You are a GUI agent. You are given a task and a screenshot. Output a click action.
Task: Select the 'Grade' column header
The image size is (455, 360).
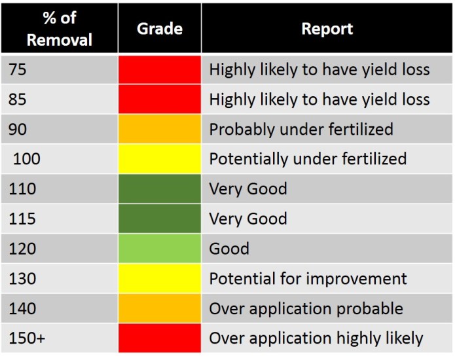point(160,29)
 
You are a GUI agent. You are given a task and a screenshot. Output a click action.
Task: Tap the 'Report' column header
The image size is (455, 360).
point(327,29)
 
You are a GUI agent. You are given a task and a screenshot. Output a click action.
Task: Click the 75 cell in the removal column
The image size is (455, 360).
point(18,69)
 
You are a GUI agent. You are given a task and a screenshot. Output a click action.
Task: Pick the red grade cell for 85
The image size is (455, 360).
point(160,99)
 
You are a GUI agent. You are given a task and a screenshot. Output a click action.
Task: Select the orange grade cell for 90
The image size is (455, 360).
point(160,129)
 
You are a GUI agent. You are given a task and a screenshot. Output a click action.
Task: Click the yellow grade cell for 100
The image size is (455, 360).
point(160,159)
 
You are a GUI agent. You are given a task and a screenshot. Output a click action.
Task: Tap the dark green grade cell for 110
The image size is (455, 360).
point(160,189)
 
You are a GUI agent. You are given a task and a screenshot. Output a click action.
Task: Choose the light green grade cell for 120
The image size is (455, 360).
point(160,249)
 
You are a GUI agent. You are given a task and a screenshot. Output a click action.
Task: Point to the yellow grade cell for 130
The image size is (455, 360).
point(160,279)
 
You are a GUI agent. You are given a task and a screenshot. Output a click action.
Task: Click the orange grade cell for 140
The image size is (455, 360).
point(160,309)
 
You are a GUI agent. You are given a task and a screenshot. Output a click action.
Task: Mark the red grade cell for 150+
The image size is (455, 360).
point(160,338)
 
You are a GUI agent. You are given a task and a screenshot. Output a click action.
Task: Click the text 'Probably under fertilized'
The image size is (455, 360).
point(301,129)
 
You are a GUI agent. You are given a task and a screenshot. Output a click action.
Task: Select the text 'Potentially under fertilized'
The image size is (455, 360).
point(308,159)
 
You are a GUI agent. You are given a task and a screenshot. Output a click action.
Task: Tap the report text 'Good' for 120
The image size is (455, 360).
point(229,249)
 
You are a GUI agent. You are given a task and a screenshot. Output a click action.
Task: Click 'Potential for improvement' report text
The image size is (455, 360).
point(308,279)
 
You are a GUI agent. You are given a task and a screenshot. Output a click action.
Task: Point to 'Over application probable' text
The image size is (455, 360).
point(306,309)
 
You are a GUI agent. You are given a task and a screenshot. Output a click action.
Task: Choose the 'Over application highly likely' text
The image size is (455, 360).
point(316,338)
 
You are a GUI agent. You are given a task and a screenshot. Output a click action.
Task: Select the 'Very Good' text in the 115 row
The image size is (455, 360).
point(248,219)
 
